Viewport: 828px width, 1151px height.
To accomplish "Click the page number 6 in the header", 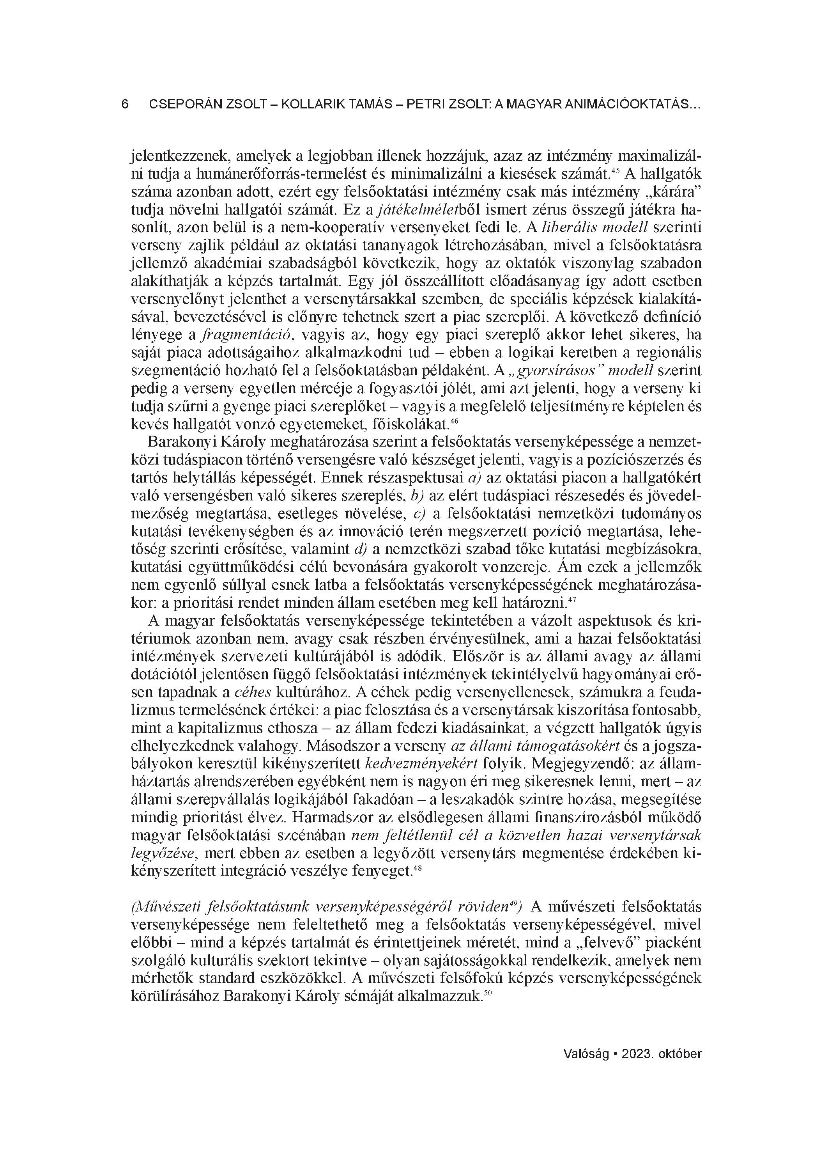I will click(125, 105).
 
